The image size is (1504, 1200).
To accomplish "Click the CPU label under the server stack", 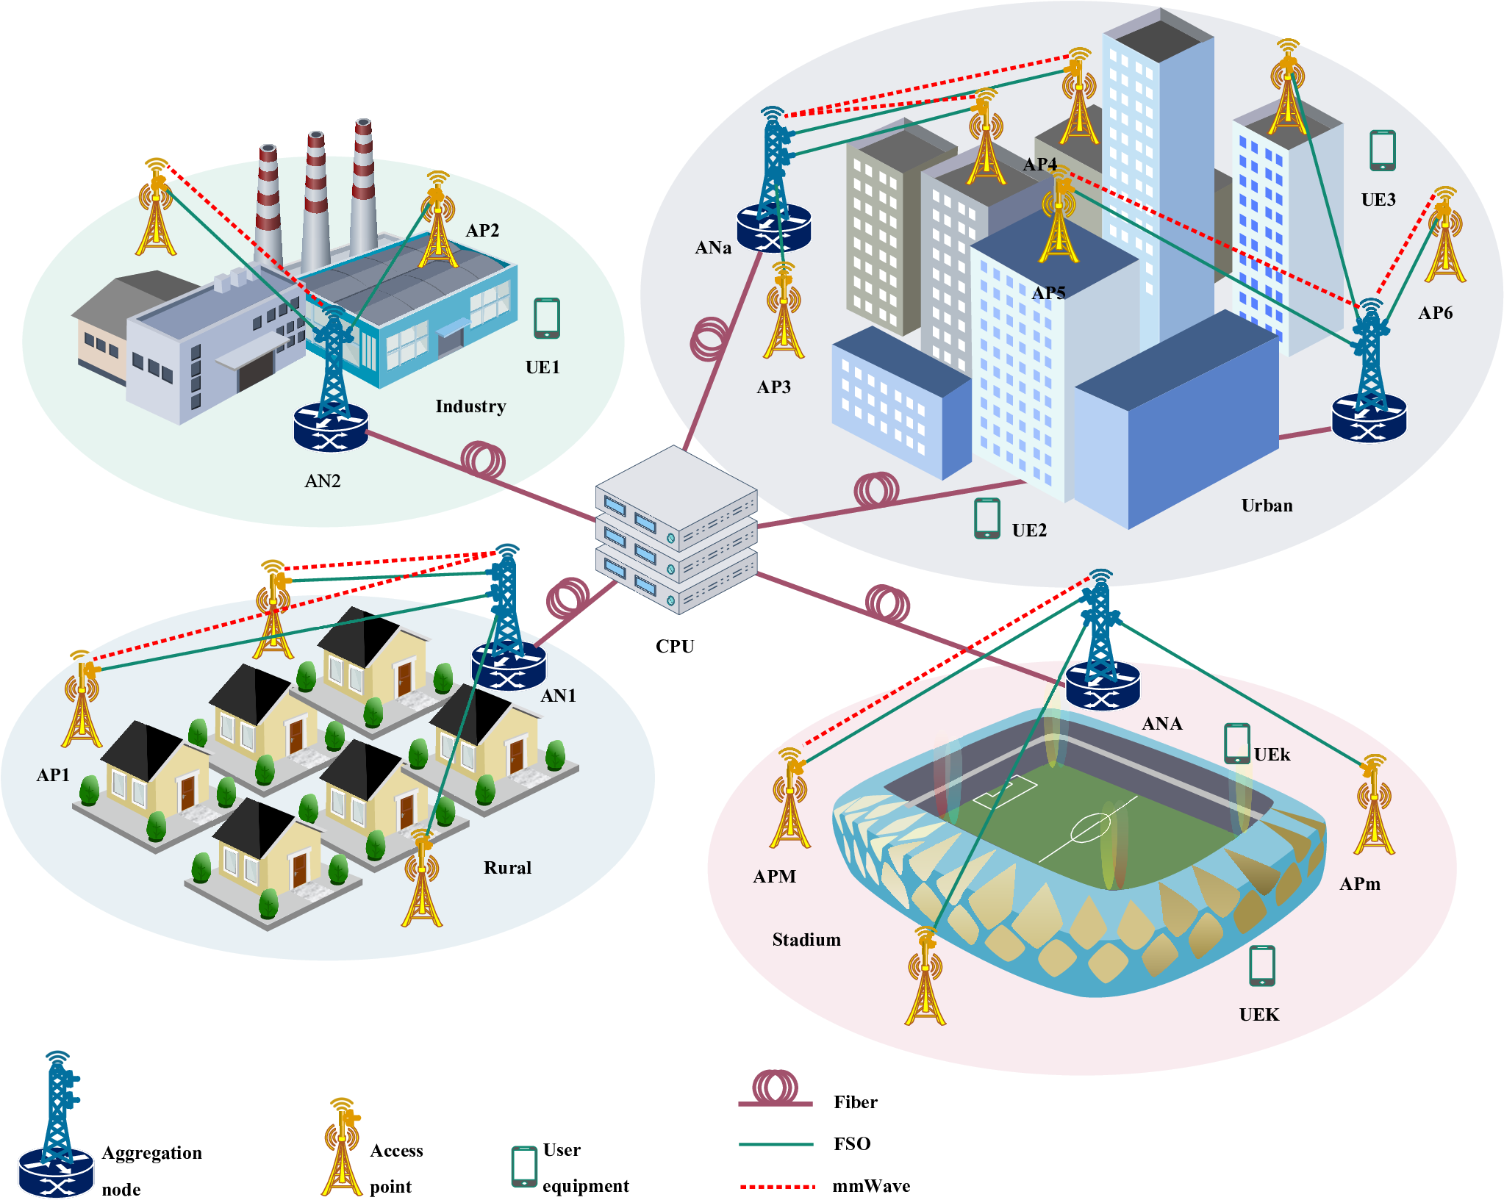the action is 675,646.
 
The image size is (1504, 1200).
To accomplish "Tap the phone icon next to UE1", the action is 546,318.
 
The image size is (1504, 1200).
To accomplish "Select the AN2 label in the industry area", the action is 323,481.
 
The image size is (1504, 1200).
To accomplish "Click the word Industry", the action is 470,406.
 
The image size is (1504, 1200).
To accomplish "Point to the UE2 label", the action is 1029,530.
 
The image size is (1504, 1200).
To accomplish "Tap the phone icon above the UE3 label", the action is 1383,151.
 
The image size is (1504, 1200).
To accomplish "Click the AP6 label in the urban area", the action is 1435,312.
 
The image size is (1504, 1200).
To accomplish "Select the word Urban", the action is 1267,506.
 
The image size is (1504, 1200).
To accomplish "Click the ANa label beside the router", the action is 713,248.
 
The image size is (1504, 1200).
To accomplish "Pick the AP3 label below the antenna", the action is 774,387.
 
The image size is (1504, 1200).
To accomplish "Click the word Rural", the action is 507,867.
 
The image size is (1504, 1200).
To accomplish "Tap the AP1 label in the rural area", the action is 53,775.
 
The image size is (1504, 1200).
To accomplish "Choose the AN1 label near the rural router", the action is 559,695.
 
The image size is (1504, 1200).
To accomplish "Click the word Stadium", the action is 806,939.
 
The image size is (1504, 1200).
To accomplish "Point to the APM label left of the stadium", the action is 775,876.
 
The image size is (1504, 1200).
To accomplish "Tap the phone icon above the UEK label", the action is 1262,966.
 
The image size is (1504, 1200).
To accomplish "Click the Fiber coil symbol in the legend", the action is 776,1087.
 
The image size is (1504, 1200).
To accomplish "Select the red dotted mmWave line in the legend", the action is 778,1186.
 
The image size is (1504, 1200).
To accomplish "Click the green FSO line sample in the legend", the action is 776,1144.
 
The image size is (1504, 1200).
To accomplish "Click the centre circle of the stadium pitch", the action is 1090,829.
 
